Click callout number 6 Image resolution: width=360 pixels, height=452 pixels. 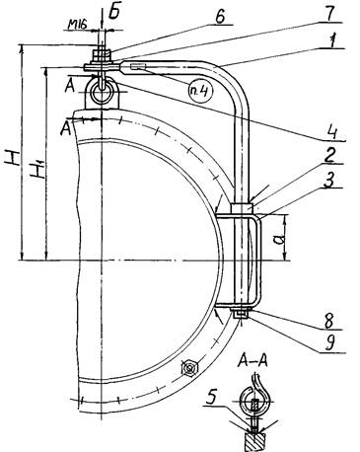pyautogui.click(x=220, y=17)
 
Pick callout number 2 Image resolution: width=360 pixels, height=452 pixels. pyautogui.click(x=328, y=156)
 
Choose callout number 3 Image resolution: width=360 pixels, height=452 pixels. pyautogui.click(x=329, y=181)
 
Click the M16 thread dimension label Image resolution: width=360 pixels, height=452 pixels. pyautogui.click(x=78, y=24)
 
